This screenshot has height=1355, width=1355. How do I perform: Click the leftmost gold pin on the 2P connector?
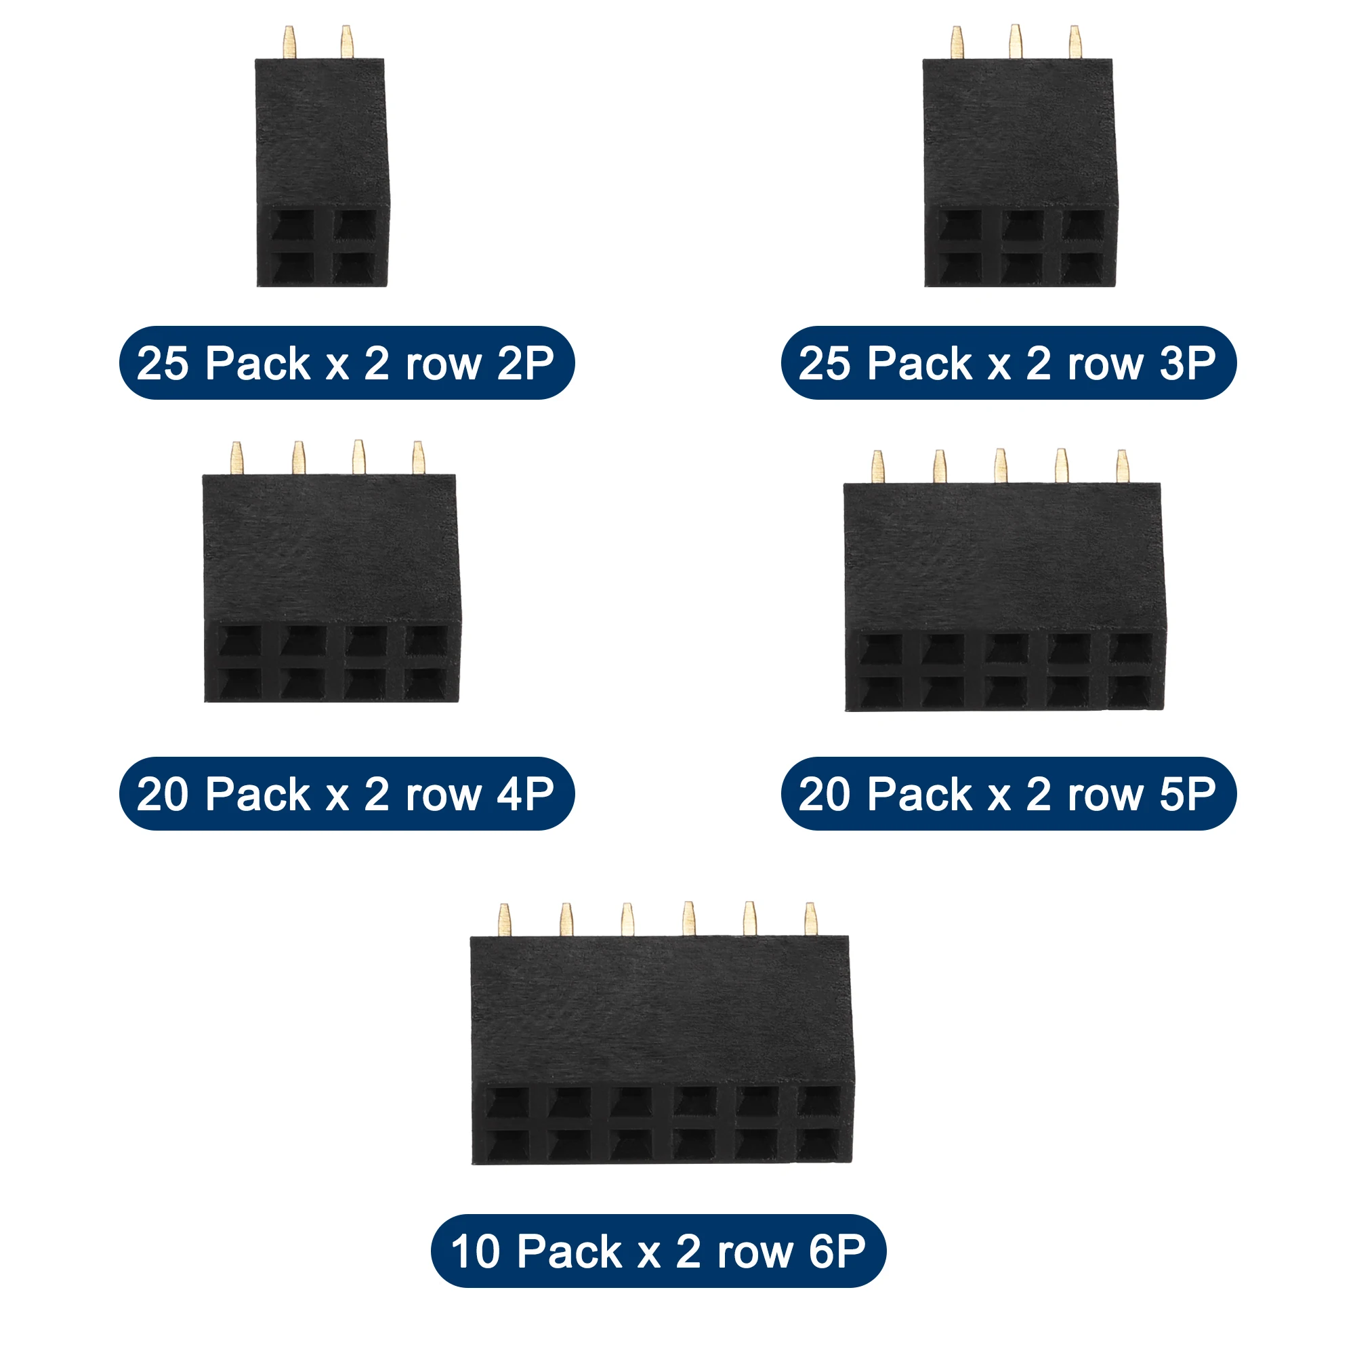(289, 43)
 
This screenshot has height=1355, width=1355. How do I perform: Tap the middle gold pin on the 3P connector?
(1015, 42)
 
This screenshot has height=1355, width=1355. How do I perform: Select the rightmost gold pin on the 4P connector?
(419, 457)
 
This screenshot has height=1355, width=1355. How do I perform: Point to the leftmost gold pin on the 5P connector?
(877, 466)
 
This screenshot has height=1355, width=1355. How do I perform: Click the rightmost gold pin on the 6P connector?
(811, 919)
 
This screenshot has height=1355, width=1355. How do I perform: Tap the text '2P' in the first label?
(525, 363)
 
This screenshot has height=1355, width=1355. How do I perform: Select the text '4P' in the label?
(525, 794)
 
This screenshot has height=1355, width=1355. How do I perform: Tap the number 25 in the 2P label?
(163, 363)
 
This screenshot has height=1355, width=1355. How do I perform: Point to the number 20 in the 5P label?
(825, 794)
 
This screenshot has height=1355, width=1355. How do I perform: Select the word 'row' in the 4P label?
(443, 794)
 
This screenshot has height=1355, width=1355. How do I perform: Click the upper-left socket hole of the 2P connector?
(293, 226)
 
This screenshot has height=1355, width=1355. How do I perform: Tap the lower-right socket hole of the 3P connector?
(1083, 268)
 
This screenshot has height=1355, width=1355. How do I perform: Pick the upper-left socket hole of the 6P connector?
(507, 1103)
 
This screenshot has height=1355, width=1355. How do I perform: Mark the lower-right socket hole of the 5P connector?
(1131, 691)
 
